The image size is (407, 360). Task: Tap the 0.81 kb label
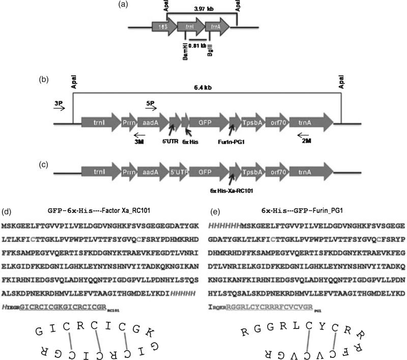196,45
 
